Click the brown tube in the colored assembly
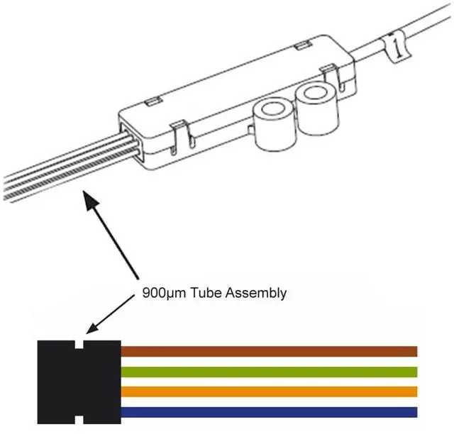[270, 351]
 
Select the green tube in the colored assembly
[270, 372]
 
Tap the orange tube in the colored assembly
[270, 392]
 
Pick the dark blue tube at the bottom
[270, 413]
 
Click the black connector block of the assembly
[78, 383]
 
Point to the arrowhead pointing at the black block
[90, 327]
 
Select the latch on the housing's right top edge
[327, 72]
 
